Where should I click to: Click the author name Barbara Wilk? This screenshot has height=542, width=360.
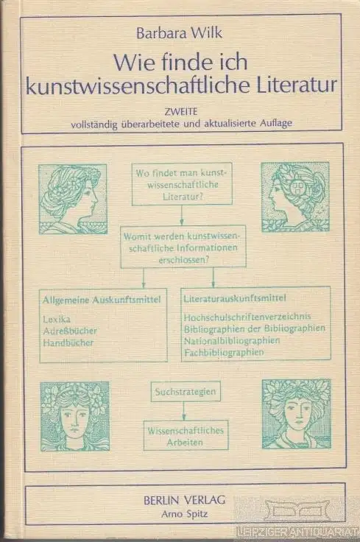(x=179, y=33)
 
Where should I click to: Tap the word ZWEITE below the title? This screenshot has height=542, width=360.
(x=181, y=112)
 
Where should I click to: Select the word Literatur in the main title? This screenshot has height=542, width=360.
(x=296, y=85)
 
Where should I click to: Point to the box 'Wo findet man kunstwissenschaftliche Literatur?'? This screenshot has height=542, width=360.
(x=182, y=184)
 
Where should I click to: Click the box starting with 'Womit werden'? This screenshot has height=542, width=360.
(x=183, y=247)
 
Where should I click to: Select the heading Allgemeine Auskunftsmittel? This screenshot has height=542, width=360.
(x=102, y=299)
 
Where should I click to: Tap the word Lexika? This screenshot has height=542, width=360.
(x=57, y=319)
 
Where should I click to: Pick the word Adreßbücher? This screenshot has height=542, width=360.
(x=70, y=331)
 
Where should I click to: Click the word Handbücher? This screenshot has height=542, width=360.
(x=68, y=342)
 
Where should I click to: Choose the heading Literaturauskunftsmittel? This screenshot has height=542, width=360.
(x=235, y=298)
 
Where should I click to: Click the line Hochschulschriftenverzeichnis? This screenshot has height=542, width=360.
(x=247, y=316)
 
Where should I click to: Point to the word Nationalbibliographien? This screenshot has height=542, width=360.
(x=232, y=340)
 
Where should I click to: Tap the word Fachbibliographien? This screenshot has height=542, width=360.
(x=224, y=352)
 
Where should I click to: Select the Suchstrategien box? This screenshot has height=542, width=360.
(x=186, y=392)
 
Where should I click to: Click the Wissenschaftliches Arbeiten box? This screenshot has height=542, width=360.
(x=186, y=435)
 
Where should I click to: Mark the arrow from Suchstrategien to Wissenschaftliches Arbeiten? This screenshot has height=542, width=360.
(x=184, y=411)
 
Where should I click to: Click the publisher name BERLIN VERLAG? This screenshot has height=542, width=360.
(x=185, y=500)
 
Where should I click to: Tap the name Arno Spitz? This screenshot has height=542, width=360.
(x=185, y=514)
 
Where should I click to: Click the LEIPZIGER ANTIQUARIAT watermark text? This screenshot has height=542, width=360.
(x=296, y=532)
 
